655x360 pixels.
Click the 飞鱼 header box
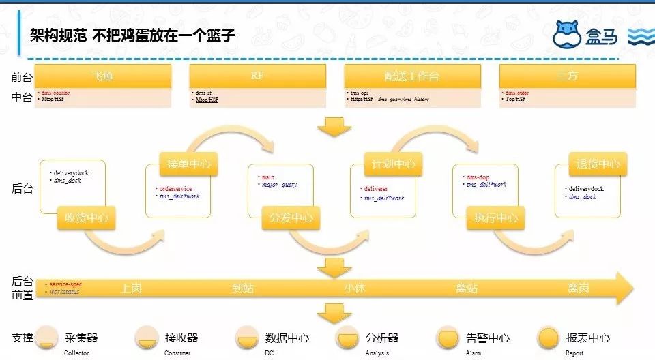click(x=102, y=76)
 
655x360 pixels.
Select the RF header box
click(x=257, y=76)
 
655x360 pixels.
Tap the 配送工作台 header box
click(x=411, y=76)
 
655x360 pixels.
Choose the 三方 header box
click(x=567, y=76)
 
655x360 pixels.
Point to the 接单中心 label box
click(x=189, y=164)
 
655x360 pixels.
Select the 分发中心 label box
click(x=291, y=218)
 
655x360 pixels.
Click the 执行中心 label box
click(x=496, y=218)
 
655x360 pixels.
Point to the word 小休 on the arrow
click(x=355, y=288)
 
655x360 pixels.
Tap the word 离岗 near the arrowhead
click(x=579, y=288)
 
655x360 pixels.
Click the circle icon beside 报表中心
click(x=549, y=337)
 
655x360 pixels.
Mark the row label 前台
click(x=22, y=77)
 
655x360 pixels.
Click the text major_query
click(x=280, y=185)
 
